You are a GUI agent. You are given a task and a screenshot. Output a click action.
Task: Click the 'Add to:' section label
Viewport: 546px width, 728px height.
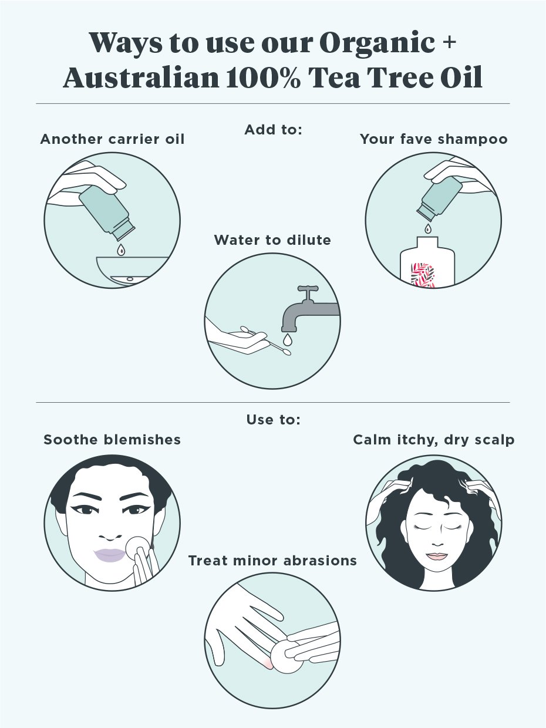click(x=273, y=130)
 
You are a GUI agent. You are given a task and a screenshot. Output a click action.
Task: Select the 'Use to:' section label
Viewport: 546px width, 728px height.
click(x=273, y=420)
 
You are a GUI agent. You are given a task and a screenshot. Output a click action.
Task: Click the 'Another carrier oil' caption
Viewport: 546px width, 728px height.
click(x=112, y=139)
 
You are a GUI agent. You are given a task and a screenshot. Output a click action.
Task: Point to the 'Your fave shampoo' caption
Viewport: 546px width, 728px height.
click(x=434, y=139)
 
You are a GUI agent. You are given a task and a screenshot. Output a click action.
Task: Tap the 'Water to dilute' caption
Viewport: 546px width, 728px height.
click(x=272, y=240)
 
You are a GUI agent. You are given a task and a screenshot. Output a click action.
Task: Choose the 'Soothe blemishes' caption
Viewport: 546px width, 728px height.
click(x=112, y=440)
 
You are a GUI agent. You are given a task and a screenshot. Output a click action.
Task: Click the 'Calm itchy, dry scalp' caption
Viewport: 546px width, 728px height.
click(x=434, y=440)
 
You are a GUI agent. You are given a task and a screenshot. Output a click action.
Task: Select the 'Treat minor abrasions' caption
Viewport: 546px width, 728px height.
click(x=272, y=561)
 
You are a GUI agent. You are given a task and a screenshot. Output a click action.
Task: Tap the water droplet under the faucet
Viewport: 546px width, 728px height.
click(x=288, y=339)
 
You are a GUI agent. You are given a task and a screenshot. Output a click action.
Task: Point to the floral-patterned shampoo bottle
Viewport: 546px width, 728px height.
click(x=427, y=262)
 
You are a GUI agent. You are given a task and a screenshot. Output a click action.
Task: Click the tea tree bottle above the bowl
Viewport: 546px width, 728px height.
click(x=107, y=213)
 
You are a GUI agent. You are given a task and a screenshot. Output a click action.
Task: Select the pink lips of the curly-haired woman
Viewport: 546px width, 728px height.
click(x=437, y=556)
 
